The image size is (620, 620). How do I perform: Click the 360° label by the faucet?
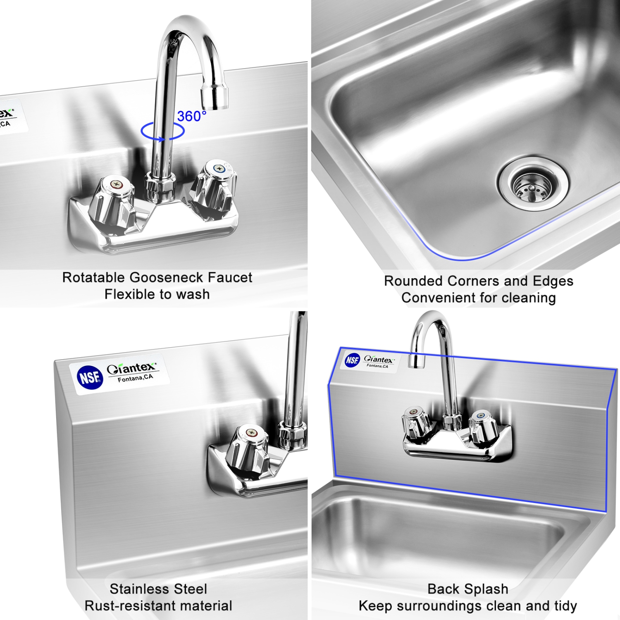coord(191,116)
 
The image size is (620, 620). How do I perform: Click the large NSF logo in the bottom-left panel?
coord(90,377)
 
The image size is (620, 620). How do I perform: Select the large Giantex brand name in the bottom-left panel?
coord(131,368)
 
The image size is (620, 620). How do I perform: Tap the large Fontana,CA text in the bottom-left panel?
coord(135,378)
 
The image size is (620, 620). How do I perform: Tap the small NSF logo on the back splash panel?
coord(352,360)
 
